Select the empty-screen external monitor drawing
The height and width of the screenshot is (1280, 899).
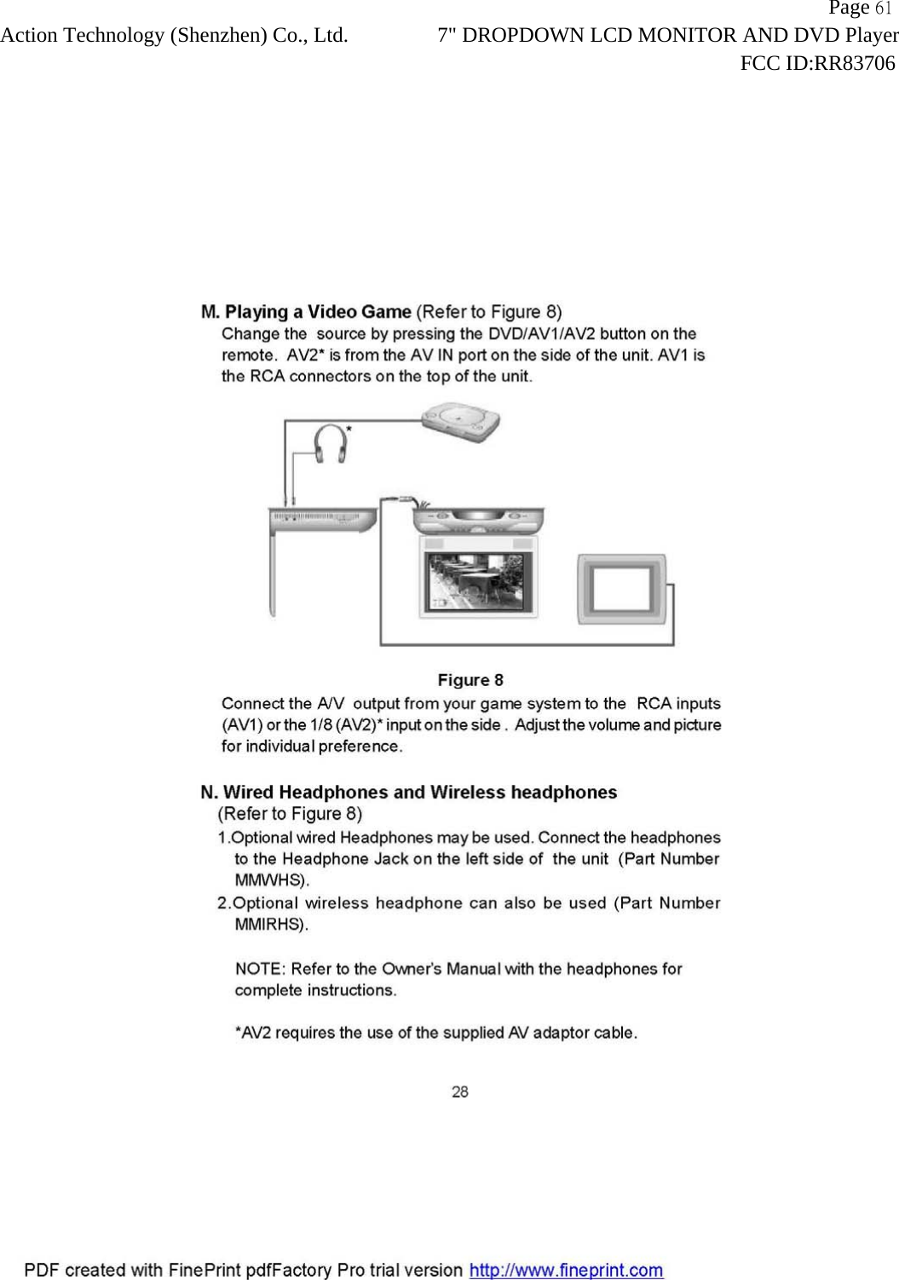pyautogui.click(x=621, y=589)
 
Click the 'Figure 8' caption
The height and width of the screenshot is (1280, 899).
pyautogui.click(x=470, y=680)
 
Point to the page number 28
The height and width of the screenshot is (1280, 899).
pyautogui.click(x=460, y=1092)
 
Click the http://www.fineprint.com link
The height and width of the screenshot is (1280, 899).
pyautogui.click(x=567, y=1270)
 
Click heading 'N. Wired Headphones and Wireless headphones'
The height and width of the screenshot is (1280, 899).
pyautogui.click(x=409, y=793)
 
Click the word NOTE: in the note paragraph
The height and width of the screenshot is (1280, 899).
pyautogui.click(x=260, y=969)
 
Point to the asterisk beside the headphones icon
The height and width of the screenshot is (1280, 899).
pyautogui.click(x=349, y=431)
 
